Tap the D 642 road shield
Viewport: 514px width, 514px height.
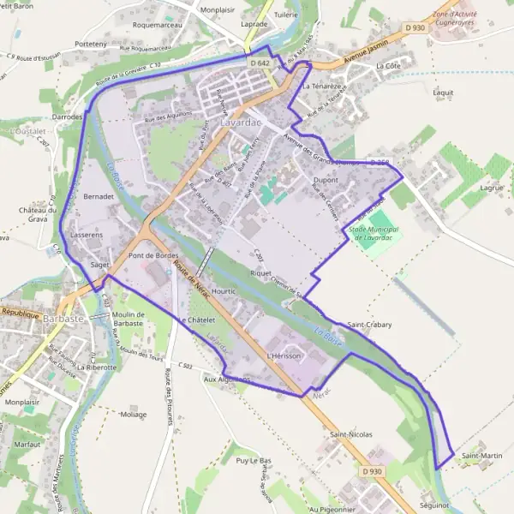(260, 63)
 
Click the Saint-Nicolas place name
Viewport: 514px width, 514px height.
(351, 435)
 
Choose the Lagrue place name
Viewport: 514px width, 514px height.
(492, 187)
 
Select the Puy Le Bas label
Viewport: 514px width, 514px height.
(253, 461)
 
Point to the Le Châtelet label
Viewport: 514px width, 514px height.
(196, 320)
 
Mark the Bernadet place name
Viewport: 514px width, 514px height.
(99, 196)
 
